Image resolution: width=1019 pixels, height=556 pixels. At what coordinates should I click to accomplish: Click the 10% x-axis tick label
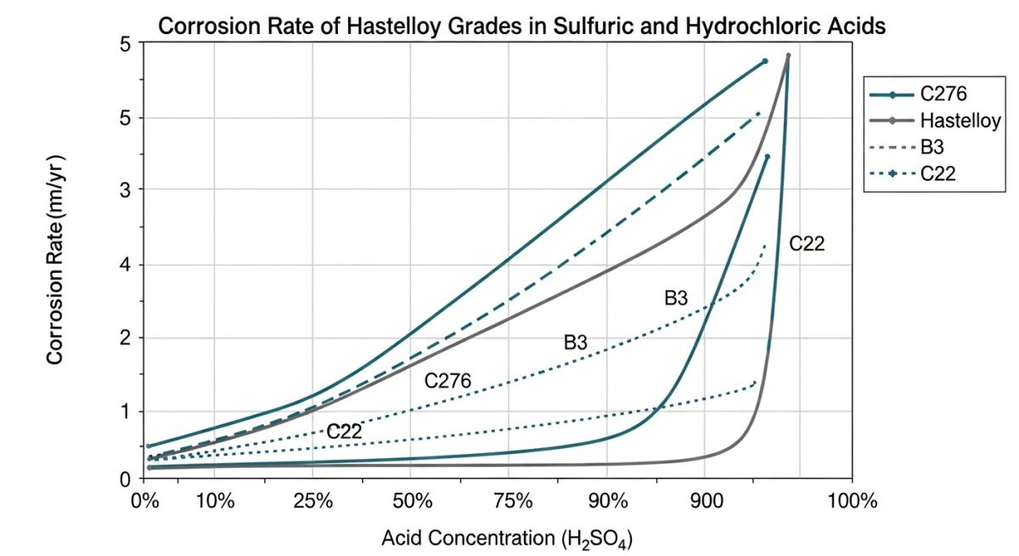215,500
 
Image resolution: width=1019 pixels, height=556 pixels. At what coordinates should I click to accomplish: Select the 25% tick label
312,500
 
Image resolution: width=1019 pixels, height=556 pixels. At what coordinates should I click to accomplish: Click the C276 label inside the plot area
448,381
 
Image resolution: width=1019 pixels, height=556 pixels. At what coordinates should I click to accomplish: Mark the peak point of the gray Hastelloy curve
788,55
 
